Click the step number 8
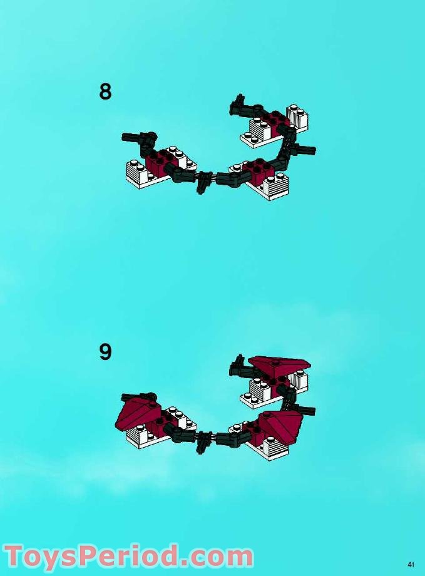coord(105,92)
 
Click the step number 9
coord(105,352)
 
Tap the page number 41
coord(411,565)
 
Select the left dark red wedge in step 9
coord(136,413)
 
